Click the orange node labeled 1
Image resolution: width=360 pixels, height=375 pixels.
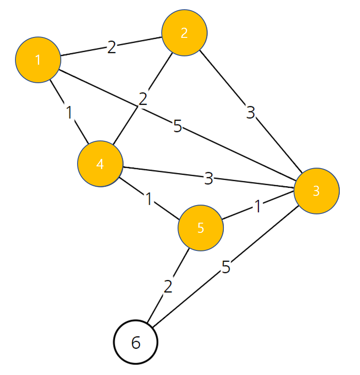click(38, 59)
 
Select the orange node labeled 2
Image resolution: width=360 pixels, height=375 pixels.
click(184, 33)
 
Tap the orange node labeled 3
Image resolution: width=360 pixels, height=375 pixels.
click(316, 191)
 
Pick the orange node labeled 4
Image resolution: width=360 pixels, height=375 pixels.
click(100, 164)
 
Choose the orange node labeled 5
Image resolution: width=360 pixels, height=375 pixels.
click(200, 228)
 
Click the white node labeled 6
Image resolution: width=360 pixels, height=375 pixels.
click(136, 342)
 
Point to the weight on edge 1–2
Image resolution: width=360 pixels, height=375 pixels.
click(111, 47)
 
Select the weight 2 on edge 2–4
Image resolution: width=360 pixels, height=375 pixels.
click(142, 99)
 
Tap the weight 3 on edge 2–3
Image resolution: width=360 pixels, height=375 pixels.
click(250, 113)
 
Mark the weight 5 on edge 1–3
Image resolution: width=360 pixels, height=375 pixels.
click(178, 127)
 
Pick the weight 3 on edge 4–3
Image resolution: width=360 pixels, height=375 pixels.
click(208, 178)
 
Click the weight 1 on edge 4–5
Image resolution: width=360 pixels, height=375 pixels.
click(149, 200)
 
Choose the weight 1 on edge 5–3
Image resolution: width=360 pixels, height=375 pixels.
click(257, 207)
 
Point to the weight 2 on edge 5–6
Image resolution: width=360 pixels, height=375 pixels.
click(168, 287)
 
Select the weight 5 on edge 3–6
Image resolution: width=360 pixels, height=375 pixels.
click(226, 267)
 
